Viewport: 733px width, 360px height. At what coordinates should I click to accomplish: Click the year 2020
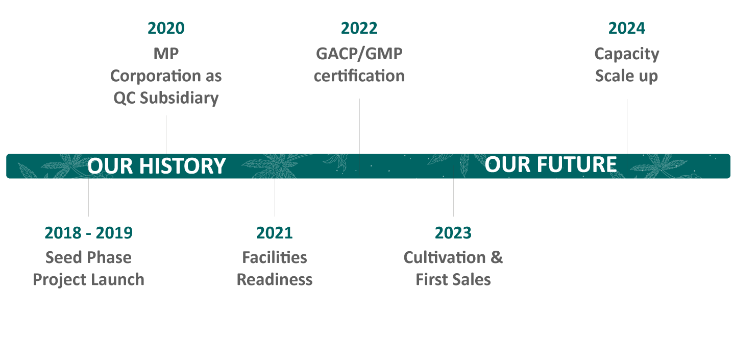click(x=166, y=28)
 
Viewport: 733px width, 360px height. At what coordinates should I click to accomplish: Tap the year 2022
click(x=359, y=28)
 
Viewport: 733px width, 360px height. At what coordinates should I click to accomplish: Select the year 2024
click(x=626, y=28)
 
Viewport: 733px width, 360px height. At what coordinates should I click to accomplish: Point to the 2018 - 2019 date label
click(x=88, y=233)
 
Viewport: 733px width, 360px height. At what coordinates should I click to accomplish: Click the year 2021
click(x=274, y=233)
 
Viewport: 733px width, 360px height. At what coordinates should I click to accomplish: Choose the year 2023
click(x=453, y=233)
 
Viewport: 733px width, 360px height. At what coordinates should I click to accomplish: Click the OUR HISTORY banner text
click(x=156, y=166)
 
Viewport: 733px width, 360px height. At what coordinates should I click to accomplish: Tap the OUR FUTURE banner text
click(x=551, y=164)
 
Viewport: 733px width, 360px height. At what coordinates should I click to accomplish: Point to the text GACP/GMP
click(x=359, y=53)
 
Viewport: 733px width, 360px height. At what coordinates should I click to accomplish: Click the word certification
click(x=359, y=76)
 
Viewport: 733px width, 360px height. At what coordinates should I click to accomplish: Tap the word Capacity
click(x=626, y=54)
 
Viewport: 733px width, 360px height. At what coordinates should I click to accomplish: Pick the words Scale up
click(x=626, y=76)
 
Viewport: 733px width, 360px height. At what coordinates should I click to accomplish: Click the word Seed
click(x=62, y=257)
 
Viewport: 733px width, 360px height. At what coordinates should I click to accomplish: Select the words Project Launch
click(x=88, y=279)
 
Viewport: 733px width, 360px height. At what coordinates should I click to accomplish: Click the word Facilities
click(x=274, y=257)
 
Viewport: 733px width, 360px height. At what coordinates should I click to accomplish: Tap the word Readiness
click(x=274, y=279)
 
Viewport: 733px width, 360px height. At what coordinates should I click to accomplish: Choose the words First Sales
click(x=453, y=279)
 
